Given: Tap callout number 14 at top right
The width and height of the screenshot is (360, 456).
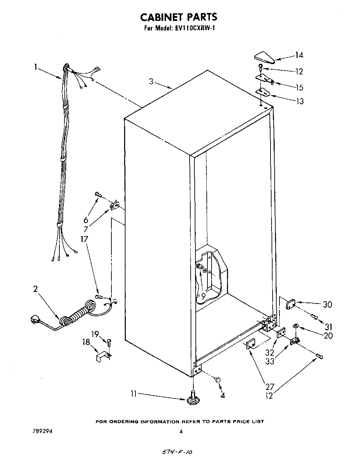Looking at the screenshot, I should click(299, 55).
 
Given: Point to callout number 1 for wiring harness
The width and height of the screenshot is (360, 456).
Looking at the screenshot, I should click(36, 67).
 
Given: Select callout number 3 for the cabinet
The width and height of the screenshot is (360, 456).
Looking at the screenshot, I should click(151, 81).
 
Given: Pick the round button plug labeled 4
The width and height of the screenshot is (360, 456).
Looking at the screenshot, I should click(217, 379).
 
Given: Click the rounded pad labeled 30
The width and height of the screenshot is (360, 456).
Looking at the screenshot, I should click(291, 303).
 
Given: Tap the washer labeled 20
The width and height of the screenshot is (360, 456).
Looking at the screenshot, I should click(296, 325).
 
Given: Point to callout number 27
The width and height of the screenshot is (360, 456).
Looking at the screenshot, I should click(269, 387).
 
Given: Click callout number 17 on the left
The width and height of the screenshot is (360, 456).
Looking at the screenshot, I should click(84, 239).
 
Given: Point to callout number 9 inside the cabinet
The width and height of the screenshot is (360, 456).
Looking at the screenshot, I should click(203, 294).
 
